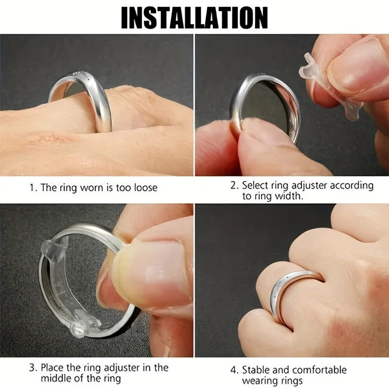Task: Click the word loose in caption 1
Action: (143, 187)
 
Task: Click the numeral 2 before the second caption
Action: (233, 185)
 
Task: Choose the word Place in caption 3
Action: (53, 368)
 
